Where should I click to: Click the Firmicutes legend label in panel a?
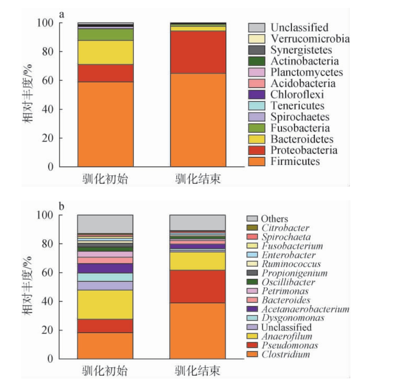pyautogui.click(x=295, y=161)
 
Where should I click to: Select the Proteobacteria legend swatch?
pyautogui.click(x=257, y=150)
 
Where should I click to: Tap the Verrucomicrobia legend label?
pyautogui.click(x=310, y=39)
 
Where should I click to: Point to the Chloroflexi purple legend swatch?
pyautogui.click(x=257, y=95)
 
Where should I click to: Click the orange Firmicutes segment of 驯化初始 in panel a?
pyautogui.click(x=105, y=124)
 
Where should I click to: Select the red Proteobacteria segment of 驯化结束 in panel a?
pyautogui.click(x=198, y=52)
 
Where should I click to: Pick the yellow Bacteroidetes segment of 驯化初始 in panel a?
pyautogui.click(x=105, y=52)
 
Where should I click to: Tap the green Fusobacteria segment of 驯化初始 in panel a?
pyautogui.click(x=105, y=35)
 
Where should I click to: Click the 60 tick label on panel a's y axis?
pyautogui.click(x=45, y=80)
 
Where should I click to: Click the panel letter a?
pyautogui.click(x=62, y=15)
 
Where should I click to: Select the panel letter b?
pyautogui.click(x=62, y=207)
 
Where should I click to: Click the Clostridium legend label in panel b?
pyautogui.click(x=286, y=354)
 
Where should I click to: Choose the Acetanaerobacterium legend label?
pyautogui.click(x=305, y=309)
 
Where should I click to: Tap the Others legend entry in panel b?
pyautogui.click(x=274, y=219)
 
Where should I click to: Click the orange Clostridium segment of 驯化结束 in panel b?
pyautogui.click(x=198, y=331)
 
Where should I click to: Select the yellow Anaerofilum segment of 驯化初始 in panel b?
pyautogui.click(x=105, y=305)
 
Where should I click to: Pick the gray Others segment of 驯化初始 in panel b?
pyautogui.click(x=105, y=224)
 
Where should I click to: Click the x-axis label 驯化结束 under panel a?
pyautogui.click(x=198, y=179)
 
